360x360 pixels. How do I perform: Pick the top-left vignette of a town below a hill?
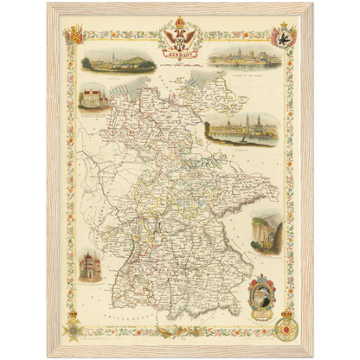119,61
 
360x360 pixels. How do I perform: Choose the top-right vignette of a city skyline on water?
250,58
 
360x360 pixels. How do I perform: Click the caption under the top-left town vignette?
119,74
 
